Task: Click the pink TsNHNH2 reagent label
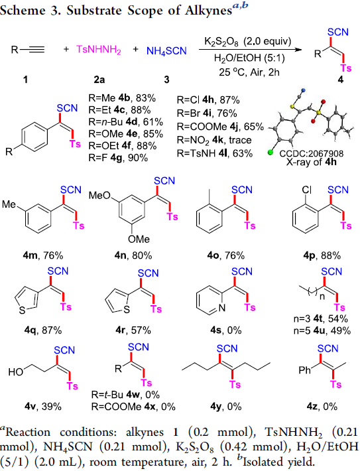(99, 50)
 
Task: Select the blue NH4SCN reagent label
(166, 51)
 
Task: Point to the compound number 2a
(99, 80)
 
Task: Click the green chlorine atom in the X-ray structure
(270, 153)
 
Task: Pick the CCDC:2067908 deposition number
(311, 154)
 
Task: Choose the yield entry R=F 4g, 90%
(118, 157)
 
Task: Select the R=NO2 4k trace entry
(214, 140)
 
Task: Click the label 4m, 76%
(43, 255)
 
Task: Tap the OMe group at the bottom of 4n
(139, 239)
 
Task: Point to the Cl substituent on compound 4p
(306, 190)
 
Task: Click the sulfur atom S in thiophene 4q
(22, 310)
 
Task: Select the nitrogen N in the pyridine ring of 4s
(222, 308)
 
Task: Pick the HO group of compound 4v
(16, 372)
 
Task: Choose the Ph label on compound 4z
(304, 370)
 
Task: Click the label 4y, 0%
(226, 407)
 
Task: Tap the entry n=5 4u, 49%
(322, 331)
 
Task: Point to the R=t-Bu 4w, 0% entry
(125, 395)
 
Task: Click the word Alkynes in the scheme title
(208, 11)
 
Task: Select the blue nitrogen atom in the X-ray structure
(303, 90)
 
